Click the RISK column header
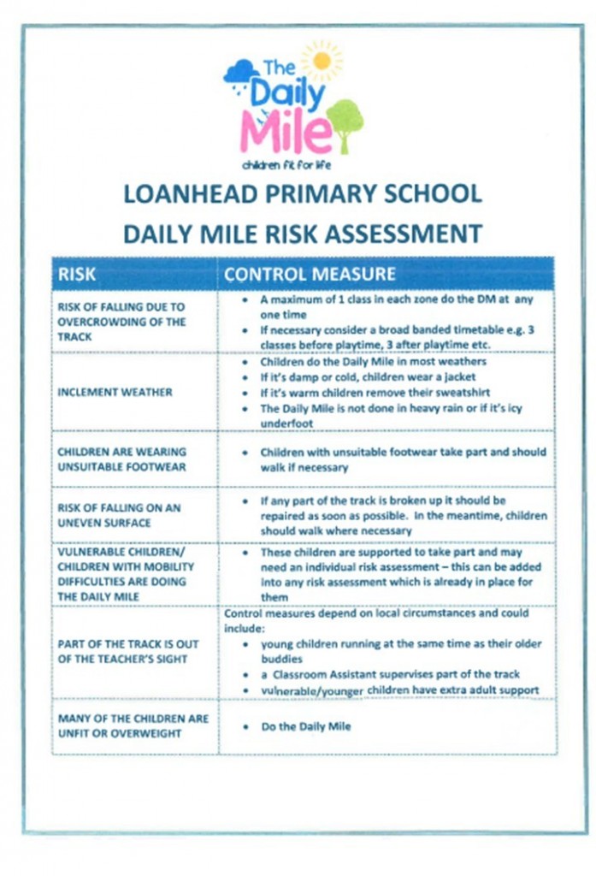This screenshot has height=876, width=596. tap(78, 275)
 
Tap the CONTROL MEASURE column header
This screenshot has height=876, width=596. tap(310, 275)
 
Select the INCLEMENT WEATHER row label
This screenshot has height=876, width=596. tap(115, 392)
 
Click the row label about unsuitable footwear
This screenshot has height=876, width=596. tap(121, 459)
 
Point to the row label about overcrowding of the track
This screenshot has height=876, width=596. tap(121, 321)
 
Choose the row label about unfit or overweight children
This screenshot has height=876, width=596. tap(121, 725)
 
